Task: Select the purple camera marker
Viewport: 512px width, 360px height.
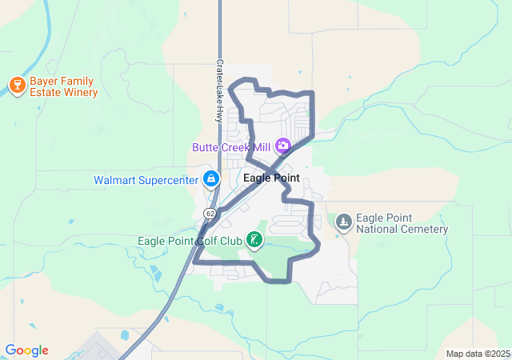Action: tap(282, 146)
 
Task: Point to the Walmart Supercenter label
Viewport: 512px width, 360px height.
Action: tap(146, 180)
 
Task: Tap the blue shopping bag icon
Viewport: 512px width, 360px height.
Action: tap(211, 179)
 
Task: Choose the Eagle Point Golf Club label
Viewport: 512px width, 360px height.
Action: tap(190, 240)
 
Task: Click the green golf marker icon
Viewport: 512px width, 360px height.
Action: tap(254, 239)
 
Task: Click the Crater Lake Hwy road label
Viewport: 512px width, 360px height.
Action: tap(218, 90)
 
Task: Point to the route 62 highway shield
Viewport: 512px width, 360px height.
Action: tap(210, 214)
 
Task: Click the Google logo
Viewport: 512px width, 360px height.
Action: tap(26, 350)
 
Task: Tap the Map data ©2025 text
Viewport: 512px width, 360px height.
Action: tap(477, 354)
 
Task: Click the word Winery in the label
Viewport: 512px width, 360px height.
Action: tap(79, 92)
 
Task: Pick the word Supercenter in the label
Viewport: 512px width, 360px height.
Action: tap(167, 180)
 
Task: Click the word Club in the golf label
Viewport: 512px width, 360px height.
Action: tap(230, 240)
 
